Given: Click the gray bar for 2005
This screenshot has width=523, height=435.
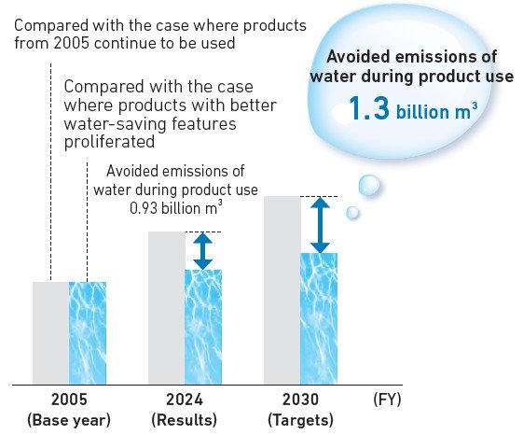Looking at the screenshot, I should pos(51,332).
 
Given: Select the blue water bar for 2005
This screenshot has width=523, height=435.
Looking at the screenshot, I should pos(88,332).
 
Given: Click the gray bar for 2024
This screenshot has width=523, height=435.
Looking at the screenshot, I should pos(166,308).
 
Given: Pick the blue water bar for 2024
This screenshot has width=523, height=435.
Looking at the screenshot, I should pos(203,327).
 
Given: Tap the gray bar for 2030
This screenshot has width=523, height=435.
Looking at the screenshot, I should pos(282,290).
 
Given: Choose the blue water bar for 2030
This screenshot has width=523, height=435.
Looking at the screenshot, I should pos(319,318).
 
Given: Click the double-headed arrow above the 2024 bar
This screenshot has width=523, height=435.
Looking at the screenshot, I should pos(203,250).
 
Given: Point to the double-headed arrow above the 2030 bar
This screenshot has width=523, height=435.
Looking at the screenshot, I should pos(320,224).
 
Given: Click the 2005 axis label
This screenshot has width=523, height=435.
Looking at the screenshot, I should pos(69,400).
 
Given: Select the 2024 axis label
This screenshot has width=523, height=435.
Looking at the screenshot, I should pos(185,400).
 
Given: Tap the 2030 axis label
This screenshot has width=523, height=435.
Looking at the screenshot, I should pos(300,400).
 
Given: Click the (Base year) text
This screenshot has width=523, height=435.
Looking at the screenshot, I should pos(69,419).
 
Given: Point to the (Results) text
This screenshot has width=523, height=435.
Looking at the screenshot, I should pos(185,419).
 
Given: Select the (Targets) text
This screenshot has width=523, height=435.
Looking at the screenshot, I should pos(300,419).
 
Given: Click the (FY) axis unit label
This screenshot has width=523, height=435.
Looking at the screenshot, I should pos(387,400).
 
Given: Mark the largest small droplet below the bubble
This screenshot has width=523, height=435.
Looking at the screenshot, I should pos(369,187).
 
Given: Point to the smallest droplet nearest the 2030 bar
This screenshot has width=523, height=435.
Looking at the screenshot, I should pos(352,213).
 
